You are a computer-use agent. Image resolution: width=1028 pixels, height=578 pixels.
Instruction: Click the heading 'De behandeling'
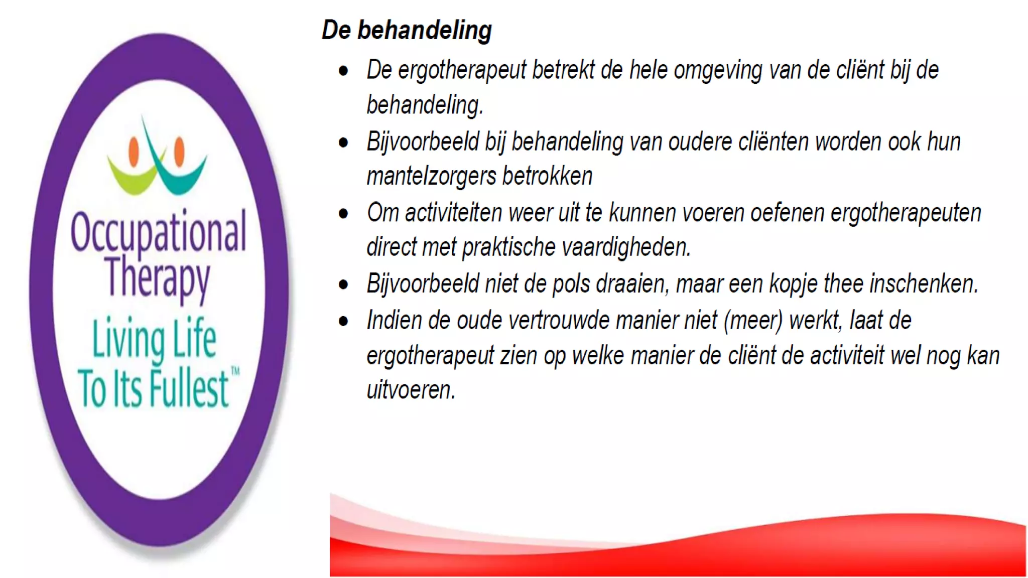[x=407, y=30]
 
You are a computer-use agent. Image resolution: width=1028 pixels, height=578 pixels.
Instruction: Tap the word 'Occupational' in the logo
[x=158, y=232]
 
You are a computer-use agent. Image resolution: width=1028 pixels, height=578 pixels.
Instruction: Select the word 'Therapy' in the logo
[x=158, y=277]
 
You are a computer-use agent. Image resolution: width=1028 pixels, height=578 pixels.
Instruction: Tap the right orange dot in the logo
[x=179, y=151]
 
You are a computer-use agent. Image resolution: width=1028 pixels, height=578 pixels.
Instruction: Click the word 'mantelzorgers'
[x=431, y=176]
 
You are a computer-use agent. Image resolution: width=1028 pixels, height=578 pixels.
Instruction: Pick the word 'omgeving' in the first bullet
[x=718, y=70]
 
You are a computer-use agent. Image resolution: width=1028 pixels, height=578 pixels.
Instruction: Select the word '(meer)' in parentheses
[x=753, y=320]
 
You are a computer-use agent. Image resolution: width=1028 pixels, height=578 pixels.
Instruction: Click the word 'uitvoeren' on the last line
[x=410, y=390]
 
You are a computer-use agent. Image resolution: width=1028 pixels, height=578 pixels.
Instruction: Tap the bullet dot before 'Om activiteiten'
[x=343, y=214]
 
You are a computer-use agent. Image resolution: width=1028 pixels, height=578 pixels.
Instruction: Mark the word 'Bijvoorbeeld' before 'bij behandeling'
[x=423, y=142]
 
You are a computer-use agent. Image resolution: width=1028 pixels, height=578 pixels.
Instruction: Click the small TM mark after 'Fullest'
[x=235, y=371]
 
